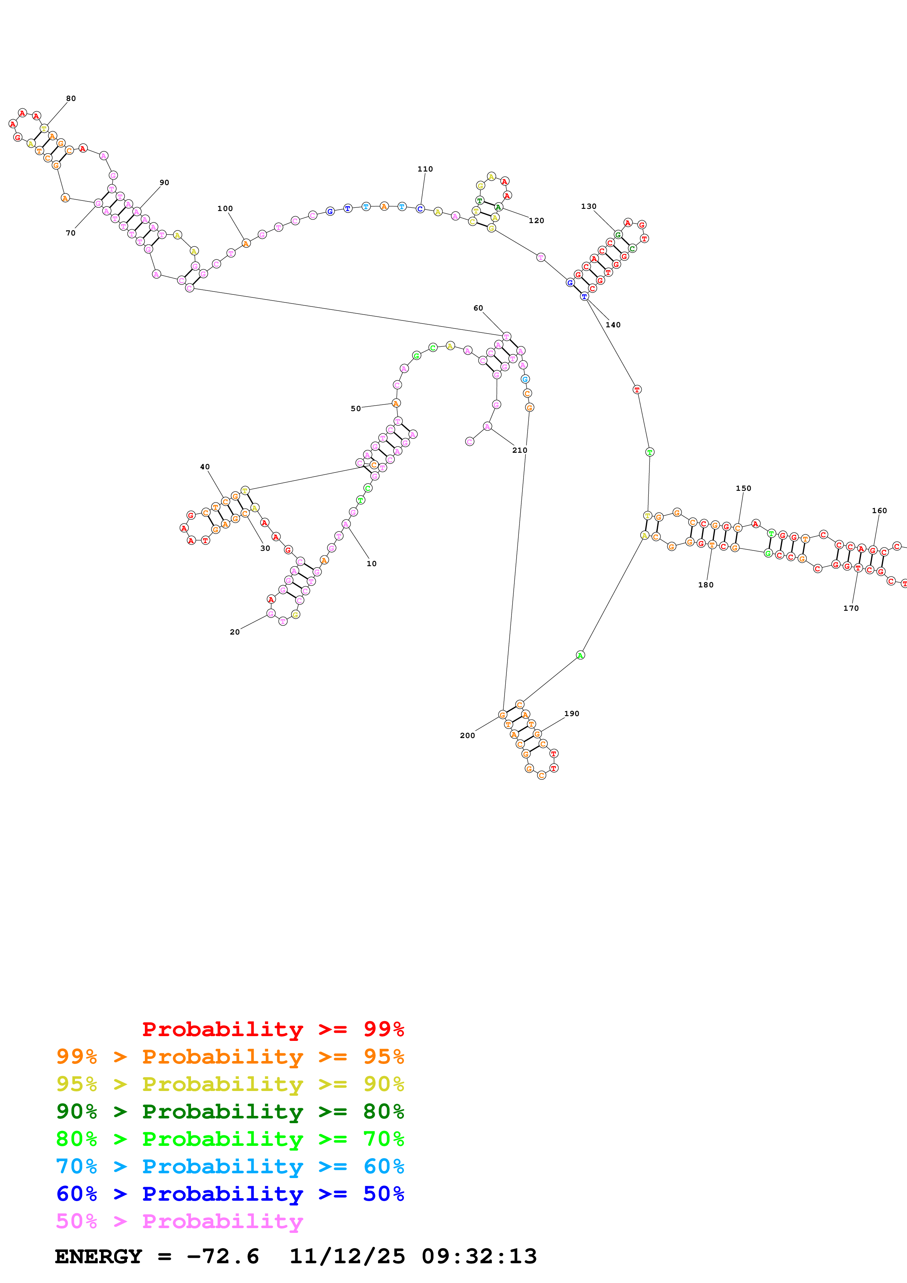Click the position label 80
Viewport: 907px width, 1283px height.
(x=71, y=99)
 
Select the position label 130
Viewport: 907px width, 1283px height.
(x=588, y=207)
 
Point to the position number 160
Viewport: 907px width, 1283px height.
(x=879, y=511)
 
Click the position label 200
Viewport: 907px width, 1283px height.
(x=467, y=736)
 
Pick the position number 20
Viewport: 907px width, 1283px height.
(x=235, y=632)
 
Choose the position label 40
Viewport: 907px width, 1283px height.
(x=205, y=467)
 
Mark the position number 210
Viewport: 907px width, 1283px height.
(x=520, y=450)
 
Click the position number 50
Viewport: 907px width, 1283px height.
(x=356, y=409)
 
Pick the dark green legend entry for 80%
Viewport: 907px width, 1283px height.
(x=230, y=1111)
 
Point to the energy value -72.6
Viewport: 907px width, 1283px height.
(x=223, y=1257)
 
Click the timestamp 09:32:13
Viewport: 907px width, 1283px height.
(x=479, y=1257)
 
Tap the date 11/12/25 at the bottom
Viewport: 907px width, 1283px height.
(x=347, y=1257)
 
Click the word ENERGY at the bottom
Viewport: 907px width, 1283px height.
(x=98, y=1257)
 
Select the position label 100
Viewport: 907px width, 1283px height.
(x=225, y=209)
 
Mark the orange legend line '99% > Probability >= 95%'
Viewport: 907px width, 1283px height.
(x=230, y=1057)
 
